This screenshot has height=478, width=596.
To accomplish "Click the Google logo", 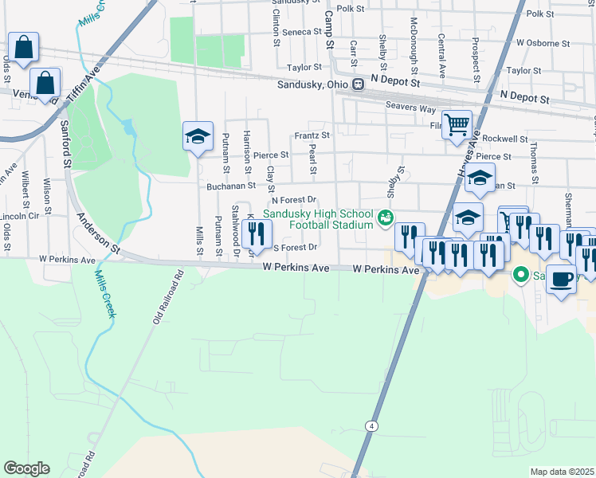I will (26, 468).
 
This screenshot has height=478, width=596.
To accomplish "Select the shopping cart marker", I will (457, 123).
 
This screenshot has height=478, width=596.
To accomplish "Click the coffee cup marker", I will (561, 279).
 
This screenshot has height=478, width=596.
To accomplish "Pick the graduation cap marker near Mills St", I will (198, 135).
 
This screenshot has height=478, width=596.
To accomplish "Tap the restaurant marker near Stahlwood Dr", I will (257, 233).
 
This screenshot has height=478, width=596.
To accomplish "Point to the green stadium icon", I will (386, 217).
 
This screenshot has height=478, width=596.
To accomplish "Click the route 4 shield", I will (371, 426).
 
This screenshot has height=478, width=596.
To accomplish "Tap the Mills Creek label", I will (104, 294).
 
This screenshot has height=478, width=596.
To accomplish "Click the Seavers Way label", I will (410, 107).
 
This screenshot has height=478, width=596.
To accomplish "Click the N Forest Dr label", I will (295, 200).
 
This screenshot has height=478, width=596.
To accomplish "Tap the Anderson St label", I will (99, 234).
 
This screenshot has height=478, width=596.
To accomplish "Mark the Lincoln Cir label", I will (20, 216).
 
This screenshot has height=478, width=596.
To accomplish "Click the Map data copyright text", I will (562, 472).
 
